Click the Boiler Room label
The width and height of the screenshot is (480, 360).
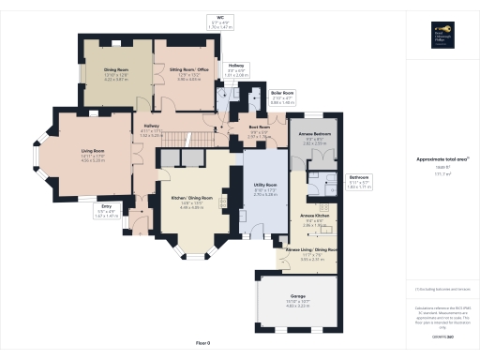coord(257,93)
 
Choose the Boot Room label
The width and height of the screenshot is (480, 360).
coord(260,126)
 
